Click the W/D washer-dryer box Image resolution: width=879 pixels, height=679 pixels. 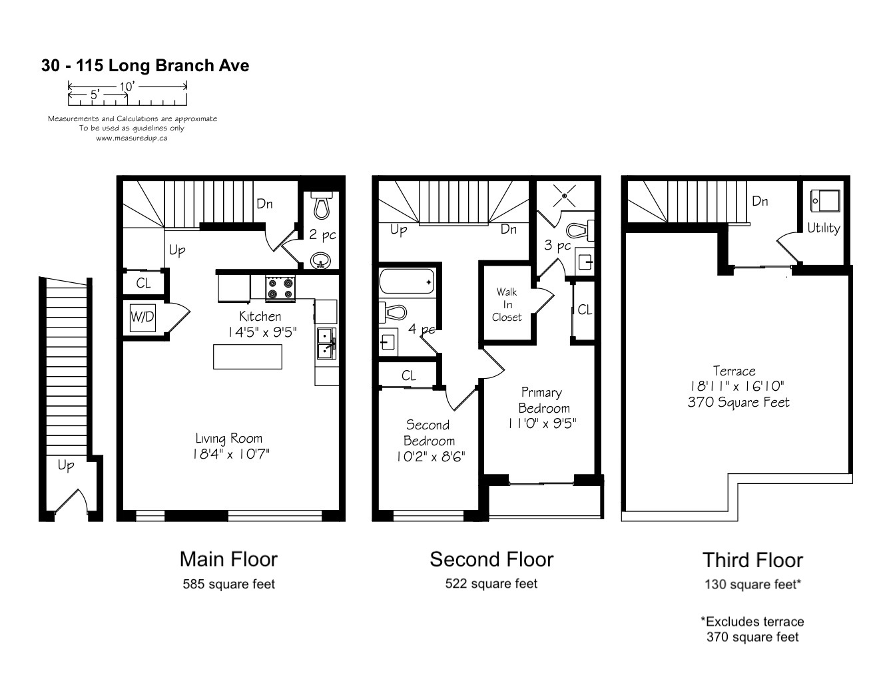tap(143, 318)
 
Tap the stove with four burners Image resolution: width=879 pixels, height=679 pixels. tap(280, 288)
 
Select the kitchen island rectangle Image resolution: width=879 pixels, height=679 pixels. tap(248, 357)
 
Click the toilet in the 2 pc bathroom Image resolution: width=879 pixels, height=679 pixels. tap(322, 206)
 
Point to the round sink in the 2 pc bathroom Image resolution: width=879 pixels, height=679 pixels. tap(321, 260)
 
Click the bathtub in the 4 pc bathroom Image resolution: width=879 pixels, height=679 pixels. tap(407, 281)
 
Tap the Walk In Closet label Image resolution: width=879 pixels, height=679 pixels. tap(507, 304)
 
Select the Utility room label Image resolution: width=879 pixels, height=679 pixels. tap(824, 228)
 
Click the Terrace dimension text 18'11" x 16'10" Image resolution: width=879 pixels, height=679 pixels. tap(736, 386)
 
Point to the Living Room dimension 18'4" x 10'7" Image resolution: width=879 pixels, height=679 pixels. tap(231, 454)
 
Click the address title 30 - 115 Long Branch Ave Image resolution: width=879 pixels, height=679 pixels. tap(145, 65)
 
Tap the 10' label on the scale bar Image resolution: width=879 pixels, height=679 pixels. tap(127, 87)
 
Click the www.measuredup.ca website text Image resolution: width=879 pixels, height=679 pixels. tap(132, 138)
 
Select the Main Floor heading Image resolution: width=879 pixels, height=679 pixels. tap(228, 559)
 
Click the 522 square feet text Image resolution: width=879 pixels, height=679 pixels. tap(491, 584)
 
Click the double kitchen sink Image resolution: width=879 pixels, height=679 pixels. tap(326, 343)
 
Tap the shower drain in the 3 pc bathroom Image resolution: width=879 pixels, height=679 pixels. tap(564, 196)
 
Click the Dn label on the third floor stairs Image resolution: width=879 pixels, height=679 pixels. tap(760, 202)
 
